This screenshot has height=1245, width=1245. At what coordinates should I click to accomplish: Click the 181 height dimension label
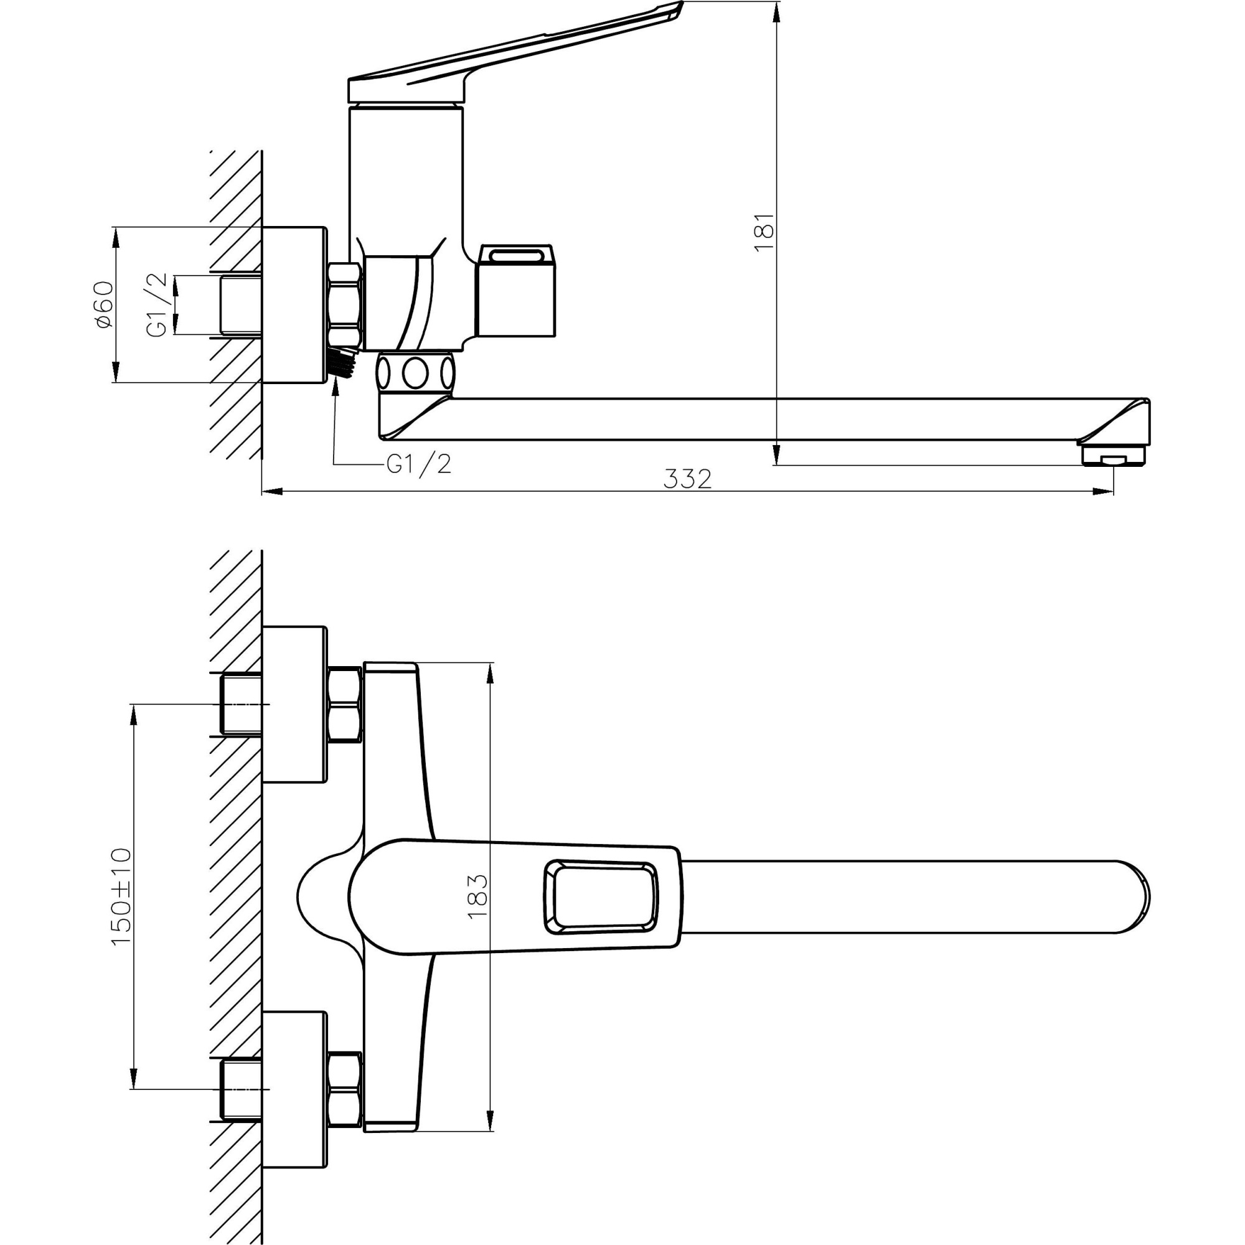point(764,233)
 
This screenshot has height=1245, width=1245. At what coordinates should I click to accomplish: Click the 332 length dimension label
point(688,479)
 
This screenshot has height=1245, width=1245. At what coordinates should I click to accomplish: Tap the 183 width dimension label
point(477,896)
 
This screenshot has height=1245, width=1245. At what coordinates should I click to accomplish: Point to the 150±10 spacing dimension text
point(121,896)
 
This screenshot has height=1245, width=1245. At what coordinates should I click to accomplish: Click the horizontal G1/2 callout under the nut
point(418,464)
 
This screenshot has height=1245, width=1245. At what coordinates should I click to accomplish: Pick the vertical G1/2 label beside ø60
point(157,304)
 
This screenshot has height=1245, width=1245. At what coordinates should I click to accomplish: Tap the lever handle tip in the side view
point(670,10)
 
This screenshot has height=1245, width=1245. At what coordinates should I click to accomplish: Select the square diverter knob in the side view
point(515,299)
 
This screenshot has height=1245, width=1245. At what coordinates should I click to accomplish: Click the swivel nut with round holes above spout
point(416,372)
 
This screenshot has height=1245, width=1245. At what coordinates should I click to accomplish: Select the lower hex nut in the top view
point(344,1089)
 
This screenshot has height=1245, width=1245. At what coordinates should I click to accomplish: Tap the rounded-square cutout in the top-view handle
point(601,896)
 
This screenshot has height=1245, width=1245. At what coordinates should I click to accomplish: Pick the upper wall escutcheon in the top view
point(294,704)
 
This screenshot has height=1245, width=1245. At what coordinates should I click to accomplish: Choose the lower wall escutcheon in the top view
point(294,1089)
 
